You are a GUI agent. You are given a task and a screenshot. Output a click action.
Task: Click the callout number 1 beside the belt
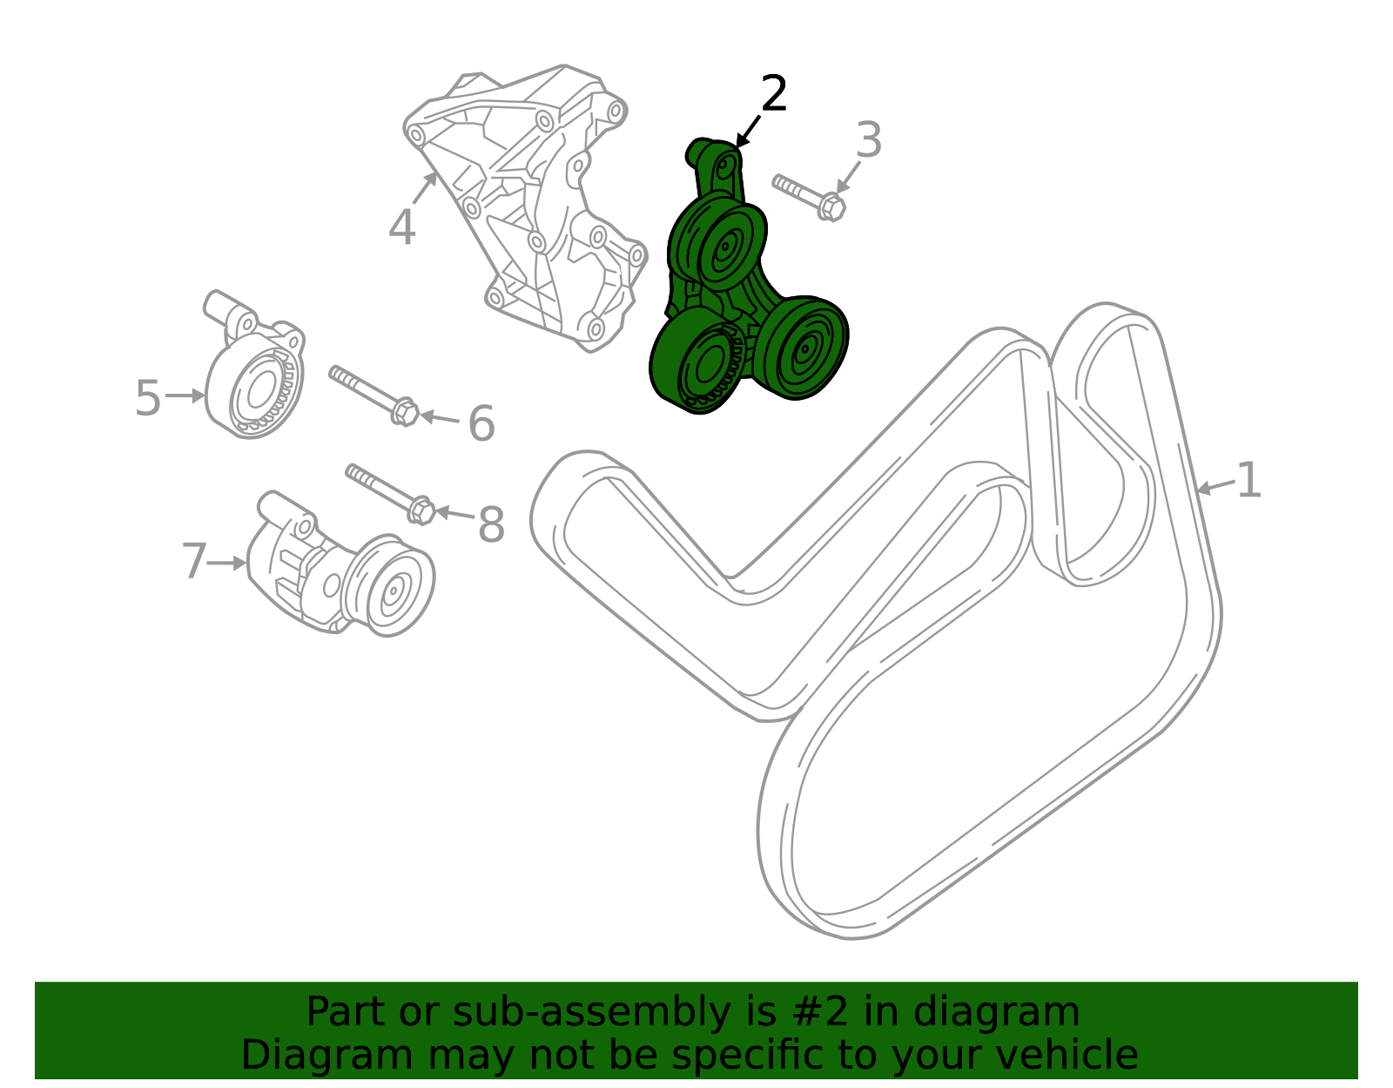point(1248,480)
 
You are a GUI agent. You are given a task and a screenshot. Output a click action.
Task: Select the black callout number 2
point(774,93)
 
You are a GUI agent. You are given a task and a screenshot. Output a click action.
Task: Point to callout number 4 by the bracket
point(402,227)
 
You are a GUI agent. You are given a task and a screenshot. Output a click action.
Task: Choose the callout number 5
point(147,397)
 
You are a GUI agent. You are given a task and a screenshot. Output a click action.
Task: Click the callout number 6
point(482,423)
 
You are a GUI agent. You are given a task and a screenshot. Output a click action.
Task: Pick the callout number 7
point(194,560)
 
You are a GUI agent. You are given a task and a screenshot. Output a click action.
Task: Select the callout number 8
point(492,524)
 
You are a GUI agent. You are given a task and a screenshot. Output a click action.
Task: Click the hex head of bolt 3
point(832,207)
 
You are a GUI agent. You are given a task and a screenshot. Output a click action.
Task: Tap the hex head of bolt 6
point(405,411)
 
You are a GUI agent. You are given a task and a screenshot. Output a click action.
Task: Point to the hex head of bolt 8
point(421,510)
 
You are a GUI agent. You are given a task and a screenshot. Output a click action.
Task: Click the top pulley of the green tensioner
point(730,247)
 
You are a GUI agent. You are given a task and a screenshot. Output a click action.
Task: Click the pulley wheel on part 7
point(393,589)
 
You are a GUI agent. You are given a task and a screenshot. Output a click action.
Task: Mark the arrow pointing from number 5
point(185,395)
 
